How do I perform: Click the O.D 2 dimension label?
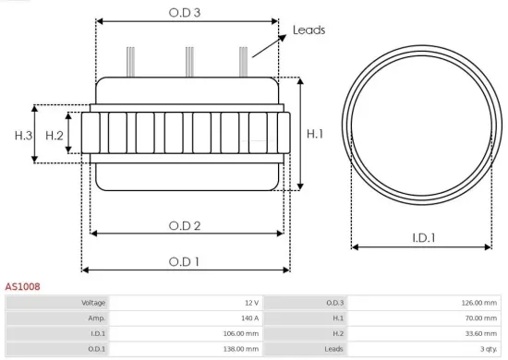[185, 225]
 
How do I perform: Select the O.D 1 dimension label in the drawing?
[185, 261]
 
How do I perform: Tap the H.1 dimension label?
[315, 134]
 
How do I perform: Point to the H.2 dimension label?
[54, 136]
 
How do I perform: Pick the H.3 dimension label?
[23, 136]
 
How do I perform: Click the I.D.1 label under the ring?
[423, 238]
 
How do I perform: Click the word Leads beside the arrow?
[308, 30]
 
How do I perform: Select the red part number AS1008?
[22, 287]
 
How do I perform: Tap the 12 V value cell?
[250, 303]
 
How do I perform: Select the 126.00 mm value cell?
[478, 303]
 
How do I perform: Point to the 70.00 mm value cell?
[479, 318]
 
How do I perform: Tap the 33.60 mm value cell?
[479, 334]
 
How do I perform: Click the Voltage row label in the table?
[93, 303]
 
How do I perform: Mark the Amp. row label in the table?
[97, 318]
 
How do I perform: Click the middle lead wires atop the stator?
[188, 61]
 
